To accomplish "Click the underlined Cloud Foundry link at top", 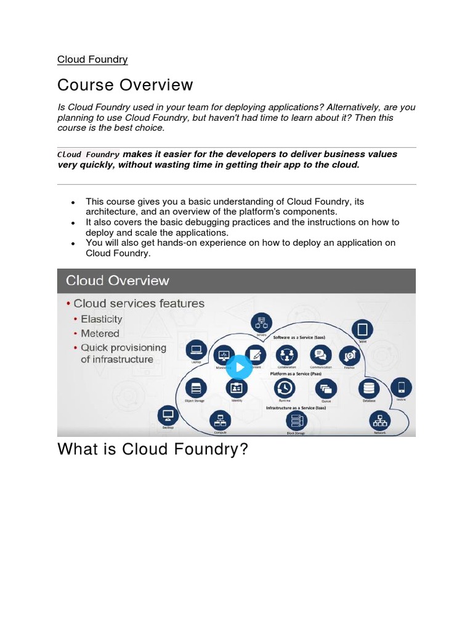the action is [92, 60].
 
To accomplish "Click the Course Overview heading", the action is [125, 85].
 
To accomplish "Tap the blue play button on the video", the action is [238, 368].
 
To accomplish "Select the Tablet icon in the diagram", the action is [362, 330].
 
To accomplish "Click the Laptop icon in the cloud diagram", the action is [196, 350].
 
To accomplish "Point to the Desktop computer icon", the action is [168, 415].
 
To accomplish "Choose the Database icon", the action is [369, 388].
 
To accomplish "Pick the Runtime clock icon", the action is [285, 388].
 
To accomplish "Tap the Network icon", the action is [379, 421].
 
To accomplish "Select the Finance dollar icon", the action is [350, 354].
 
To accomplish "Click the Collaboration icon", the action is [286, 354].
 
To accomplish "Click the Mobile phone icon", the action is [402, 388].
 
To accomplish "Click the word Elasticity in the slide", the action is [102, 319].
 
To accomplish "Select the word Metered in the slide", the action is [100, 333].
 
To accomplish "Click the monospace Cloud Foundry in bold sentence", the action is [89, 155].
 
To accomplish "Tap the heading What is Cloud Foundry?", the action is [152, 449].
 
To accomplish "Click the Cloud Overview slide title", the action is [117, 281].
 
